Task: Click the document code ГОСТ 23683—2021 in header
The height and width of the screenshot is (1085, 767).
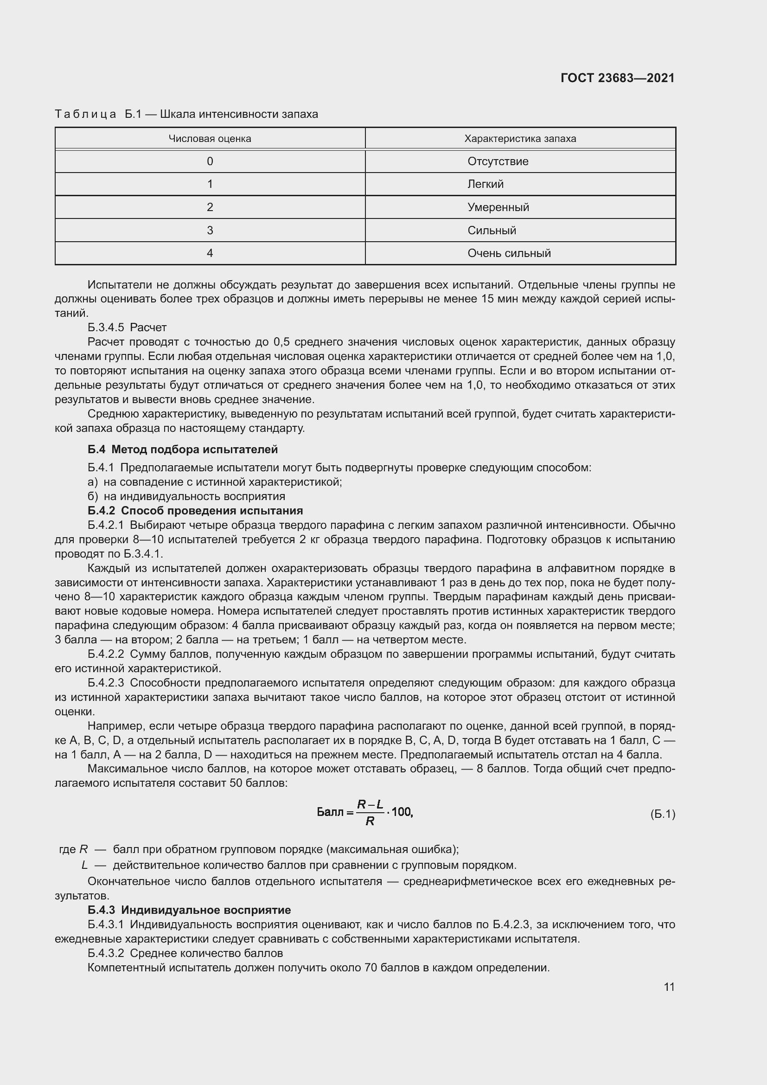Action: click(x=617, y=78)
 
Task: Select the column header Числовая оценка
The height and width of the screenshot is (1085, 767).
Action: click(x=210, y=138)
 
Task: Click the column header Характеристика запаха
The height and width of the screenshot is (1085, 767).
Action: click(x=520, y=138)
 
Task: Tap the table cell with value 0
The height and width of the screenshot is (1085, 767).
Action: click(x=210, y=161)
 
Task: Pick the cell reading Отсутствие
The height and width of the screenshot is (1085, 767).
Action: click(x=498, y=161)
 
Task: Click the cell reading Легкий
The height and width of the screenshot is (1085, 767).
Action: click(x=486, y=184)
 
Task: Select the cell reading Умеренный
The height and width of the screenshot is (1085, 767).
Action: click(x=498, y=207)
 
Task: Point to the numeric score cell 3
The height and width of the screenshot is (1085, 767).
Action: click(x=210, y=230)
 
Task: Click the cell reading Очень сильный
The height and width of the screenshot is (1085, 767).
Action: click(x=509, y=253)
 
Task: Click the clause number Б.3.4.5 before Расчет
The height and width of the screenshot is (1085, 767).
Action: click(x=106, y=327)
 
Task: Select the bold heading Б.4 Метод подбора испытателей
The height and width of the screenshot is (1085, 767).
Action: click(x=183, y=449)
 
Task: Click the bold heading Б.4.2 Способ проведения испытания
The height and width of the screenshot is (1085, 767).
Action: click(x=195, y=510)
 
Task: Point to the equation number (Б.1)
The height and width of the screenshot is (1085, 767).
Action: click(x=662, y=814)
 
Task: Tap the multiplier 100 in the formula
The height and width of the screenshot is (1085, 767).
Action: click(x=402, y=812)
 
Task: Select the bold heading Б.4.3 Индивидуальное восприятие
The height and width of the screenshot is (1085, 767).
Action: click(x=189, y=910)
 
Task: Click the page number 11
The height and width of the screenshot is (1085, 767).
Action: click(x=669, y=987)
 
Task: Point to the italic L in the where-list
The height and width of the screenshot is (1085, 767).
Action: click(x=84, y=865)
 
